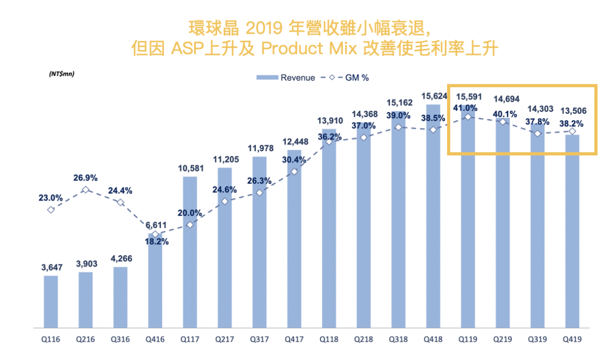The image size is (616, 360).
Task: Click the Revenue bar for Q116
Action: (51, 302)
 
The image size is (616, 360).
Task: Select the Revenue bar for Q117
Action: (190, 252)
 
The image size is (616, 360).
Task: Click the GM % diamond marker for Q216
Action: (86, 189)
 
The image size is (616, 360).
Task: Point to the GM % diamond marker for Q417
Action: (294, 172)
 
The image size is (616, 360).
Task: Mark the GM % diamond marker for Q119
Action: (468, 117)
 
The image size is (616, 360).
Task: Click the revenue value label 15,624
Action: (433, 97)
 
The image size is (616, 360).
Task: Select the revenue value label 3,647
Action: (51, 268)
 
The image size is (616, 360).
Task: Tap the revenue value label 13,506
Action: (572, 111)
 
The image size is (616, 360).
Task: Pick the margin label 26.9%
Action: (86, 177)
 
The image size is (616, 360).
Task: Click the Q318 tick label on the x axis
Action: (398, 340)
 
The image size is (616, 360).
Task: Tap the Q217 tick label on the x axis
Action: (225, 340)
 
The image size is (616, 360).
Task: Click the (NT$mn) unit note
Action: (61, 74)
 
